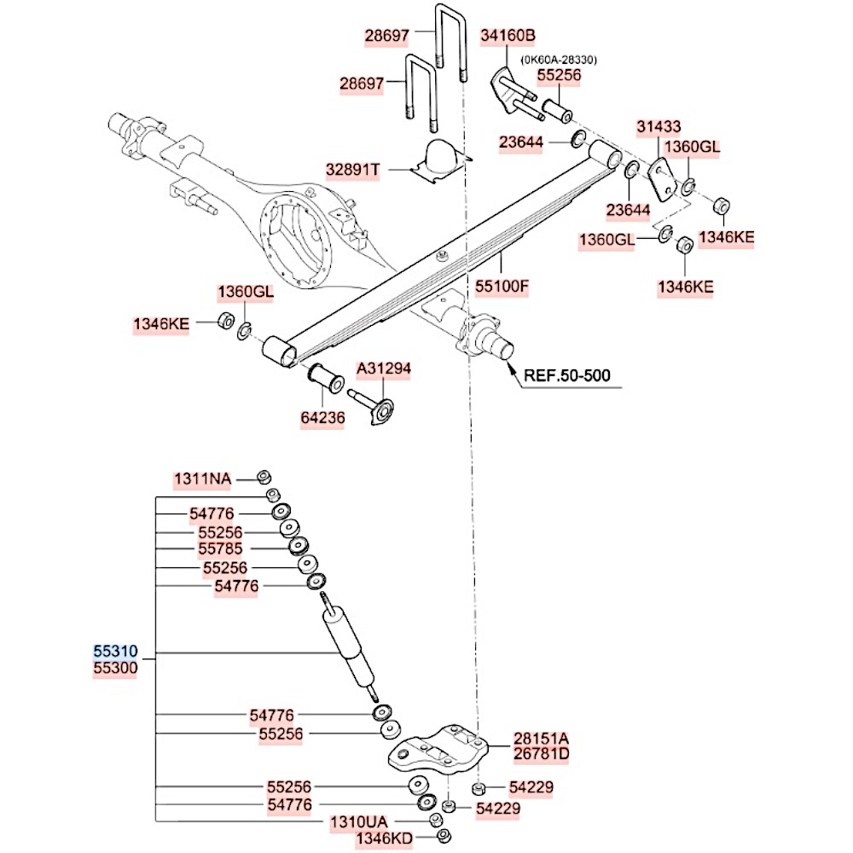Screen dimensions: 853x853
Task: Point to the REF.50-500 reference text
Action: coord(566,374)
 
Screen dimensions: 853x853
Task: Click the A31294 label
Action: coord(383,368)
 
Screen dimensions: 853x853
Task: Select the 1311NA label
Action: coord(202,479)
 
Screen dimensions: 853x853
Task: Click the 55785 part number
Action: coord(221,549)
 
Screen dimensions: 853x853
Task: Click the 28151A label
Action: coord(540,738)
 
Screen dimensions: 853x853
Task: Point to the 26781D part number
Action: coord(540,754)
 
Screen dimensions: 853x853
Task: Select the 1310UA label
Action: coord(358,822)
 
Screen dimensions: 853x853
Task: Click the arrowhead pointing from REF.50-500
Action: coord(511,368)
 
